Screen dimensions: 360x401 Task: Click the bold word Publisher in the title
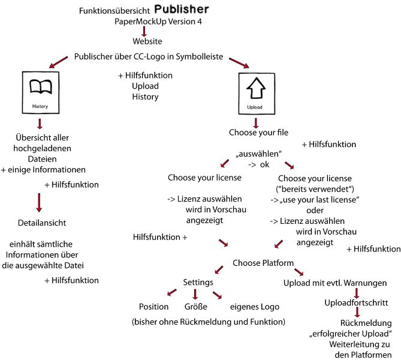click(x=182, y=10)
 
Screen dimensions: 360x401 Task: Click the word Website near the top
click(x=147, y=42)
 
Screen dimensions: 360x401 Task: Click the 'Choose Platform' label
click(x=263, y=263)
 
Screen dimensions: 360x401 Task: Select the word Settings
click(x=198, y=281)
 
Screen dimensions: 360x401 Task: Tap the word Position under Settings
click(x=153, y=307)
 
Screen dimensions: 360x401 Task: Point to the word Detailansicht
click(x=42, y=223)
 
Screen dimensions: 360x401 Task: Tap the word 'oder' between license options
click(x=315, y=210)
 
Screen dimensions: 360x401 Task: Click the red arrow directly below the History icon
click(x=40, y=124)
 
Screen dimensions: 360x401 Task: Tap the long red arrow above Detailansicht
click(x=40, y=202)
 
